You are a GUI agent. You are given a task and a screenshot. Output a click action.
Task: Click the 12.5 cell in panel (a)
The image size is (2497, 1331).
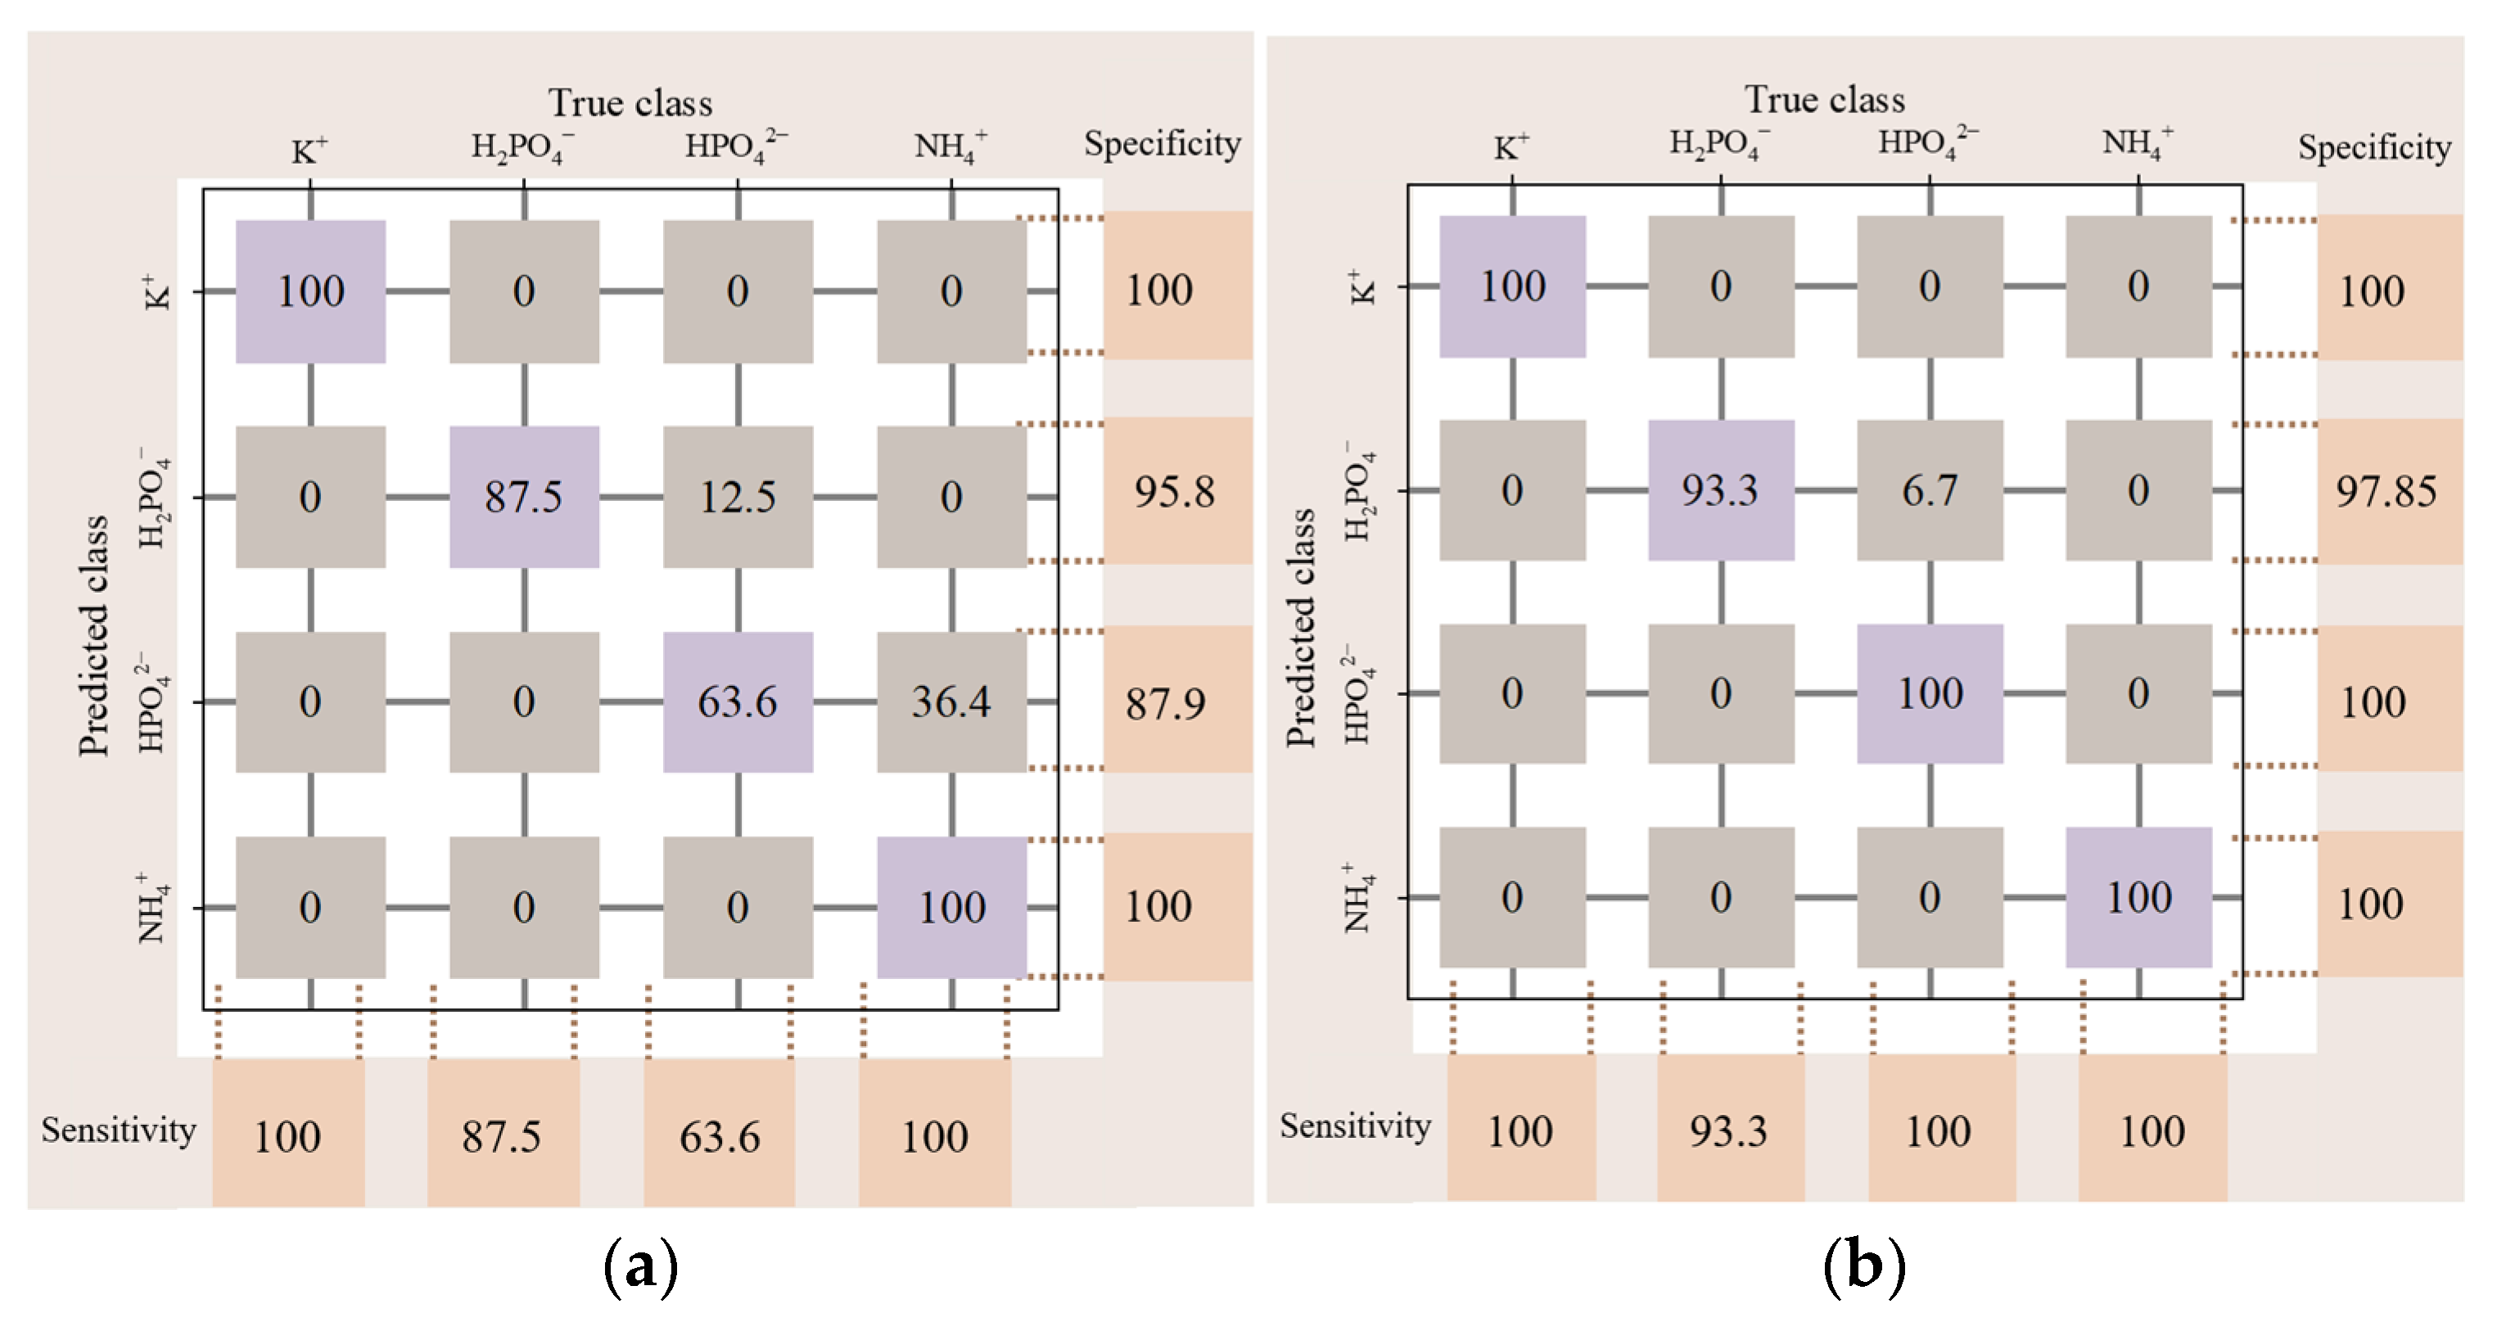[738, 496]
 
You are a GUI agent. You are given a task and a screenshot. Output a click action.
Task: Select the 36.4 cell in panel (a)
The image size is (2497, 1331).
[951, 702]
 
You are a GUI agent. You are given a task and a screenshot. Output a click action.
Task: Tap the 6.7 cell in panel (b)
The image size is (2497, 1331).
[1929, 490]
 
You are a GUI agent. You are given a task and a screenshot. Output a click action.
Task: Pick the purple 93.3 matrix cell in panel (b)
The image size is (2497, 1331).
[1721, 490]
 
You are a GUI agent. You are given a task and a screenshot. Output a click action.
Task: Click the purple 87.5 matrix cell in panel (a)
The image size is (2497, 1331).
[523, 496]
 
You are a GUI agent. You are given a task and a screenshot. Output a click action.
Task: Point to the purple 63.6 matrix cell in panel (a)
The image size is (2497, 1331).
[738, 702]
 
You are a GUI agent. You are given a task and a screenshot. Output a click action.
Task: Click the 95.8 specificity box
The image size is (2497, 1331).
[1175, 491]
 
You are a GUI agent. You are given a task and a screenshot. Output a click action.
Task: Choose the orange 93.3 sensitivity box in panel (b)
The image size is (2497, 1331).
[1729, 1130]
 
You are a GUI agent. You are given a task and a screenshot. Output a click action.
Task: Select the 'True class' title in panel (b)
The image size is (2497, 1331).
[1824, 100]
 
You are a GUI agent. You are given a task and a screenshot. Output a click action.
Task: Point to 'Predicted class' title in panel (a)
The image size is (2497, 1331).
[94, 635]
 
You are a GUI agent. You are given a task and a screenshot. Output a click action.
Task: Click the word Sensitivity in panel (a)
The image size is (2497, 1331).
[118, 1130]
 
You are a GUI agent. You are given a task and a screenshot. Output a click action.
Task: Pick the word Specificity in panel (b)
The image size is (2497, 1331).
[2374, 147]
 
